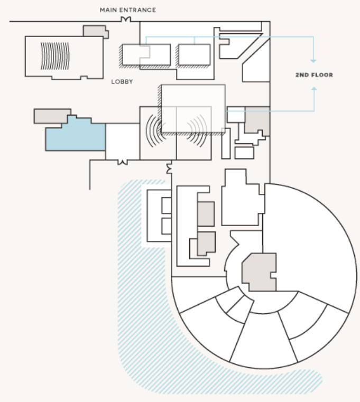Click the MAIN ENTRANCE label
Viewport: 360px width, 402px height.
coord(128,10)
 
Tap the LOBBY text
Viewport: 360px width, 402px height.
coord(122,82)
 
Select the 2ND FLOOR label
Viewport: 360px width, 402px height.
coord(314,75)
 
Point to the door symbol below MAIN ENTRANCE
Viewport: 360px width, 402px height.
coord(126,19)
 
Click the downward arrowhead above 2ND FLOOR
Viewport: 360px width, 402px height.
coord(313,61)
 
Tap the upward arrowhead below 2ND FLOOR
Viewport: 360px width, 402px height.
coord(314,88)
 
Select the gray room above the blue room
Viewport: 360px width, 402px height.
coord(52,115)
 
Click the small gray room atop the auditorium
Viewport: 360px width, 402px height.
coord(95,31)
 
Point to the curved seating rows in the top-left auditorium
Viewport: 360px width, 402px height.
coord(55,56)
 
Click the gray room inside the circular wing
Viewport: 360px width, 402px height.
coord(260,272)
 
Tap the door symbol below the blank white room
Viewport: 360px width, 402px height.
coord(123,162)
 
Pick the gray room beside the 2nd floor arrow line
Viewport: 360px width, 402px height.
coord(257,120)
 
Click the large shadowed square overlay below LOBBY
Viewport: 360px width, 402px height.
coord(193,109)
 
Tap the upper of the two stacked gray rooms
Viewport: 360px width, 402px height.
coord(206,214)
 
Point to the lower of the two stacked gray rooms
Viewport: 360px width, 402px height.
coord(206,243)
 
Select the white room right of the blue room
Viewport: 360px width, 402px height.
coord(123,141)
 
